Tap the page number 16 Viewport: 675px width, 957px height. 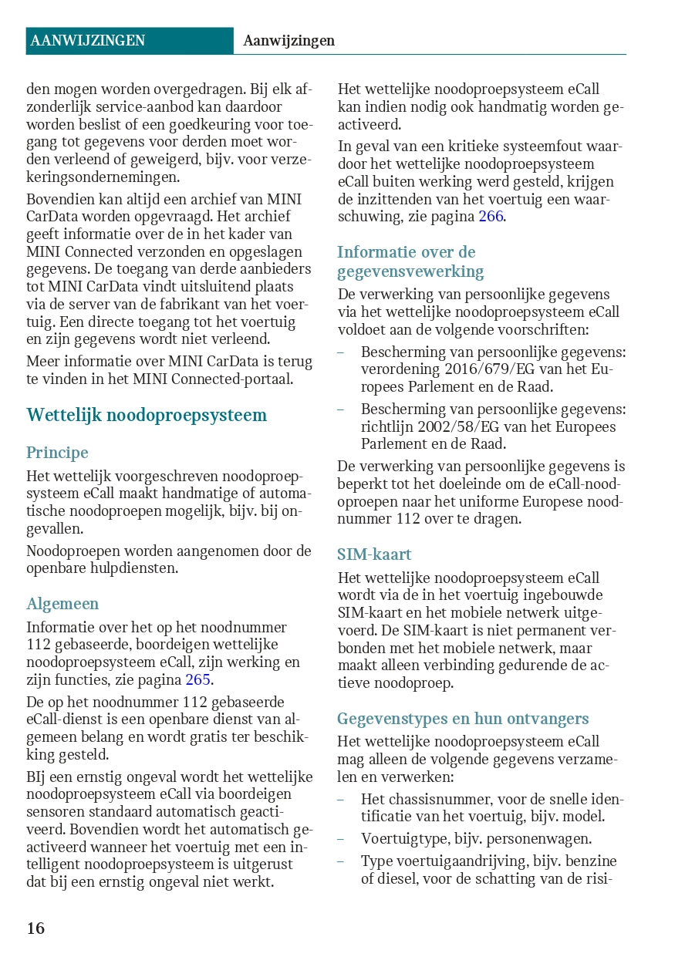(36, 928)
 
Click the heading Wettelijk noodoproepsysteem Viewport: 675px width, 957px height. (147, 415)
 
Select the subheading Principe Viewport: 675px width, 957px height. (57, 453)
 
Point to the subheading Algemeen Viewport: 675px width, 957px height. (62, 604)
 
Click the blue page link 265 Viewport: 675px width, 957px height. (198, 679)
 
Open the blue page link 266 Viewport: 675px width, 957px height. (490, 217)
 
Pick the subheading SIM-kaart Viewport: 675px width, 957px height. (374, 554)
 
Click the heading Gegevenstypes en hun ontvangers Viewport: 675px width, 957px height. (463, 719)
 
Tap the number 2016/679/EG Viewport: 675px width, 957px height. (471, 369)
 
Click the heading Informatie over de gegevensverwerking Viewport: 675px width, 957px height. (410, 261)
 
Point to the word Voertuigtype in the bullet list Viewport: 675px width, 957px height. (405, 838)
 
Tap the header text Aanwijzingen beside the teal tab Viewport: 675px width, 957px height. (289, 41)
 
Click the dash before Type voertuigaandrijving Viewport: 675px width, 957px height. (341, 861)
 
